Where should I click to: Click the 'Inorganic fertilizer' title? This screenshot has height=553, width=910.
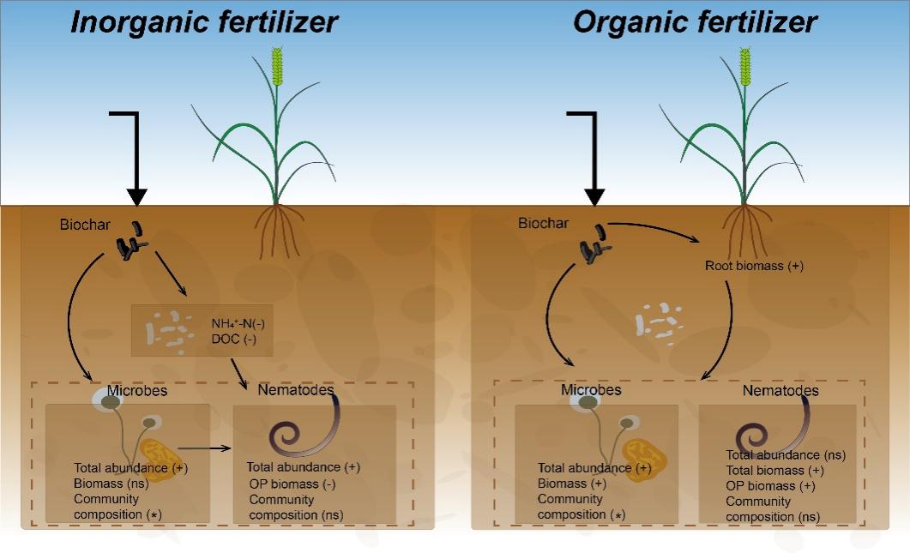[204, 22]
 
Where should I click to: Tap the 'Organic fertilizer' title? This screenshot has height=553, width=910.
[695, 22]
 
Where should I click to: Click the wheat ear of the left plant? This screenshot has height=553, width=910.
[277, 68]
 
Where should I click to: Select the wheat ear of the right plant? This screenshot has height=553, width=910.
[745, 68]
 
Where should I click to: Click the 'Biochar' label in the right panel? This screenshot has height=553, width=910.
[543, 224]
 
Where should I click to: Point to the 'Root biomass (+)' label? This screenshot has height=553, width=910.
[754, 266]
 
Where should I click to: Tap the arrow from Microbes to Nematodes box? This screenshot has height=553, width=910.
[207, 448]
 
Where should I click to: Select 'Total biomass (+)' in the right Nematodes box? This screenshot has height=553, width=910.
[775, 471]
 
